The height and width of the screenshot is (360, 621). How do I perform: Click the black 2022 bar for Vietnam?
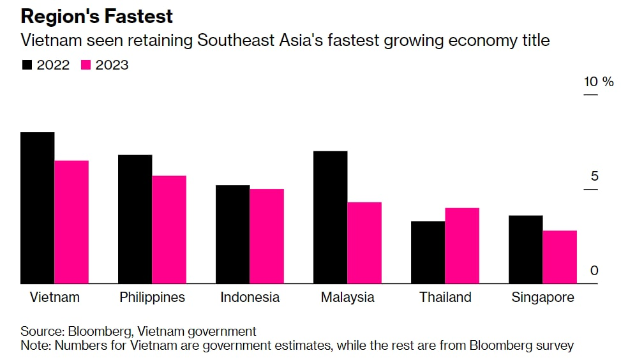37,207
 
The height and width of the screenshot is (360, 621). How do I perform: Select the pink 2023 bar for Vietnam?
71,221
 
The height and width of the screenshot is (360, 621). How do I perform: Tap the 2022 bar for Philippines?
135,219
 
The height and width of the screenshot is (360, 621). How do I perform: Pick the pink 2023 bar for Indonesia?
267,236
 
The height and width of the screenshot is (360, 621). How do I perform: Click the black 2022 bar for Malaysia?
330,217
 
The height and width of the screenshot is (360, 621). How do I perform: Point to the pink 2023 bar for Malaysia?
364,243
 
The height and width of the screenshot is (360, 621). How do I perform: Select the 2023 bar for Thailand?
462,246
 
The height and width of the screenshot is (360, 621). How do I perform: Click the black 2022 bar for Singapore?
525,250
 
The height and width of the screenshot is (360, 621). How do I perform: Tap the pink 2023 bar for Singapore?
560,257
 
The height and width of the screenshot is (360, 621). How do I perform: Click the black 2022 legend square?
27,65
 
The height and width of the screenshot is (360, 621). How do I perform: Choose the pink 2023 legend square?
86,65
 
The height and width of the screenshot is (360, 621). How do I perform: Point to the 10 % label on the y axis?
598,82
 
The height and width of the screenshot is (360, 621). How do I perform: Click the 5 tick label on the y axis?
594,176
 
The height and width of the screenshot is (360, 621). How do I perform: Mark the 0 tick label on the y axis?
594,271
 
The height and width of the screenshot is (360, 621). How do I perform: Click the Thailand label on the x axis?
445,297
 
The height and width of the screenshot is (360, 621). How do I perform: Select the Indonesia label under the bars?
250,297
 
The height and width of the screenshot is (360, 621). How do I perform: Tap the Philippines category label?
153,297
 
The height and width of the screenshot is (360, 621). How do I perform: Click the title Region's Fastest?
97,15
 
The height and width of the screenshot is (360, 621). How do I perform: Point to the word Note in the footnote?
35,346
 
